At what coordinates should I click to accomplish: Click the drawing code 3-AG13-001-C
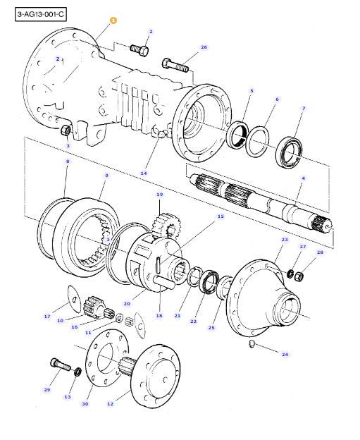pos(41,14)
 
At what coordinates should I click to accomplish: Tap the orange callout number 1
pos(113,20)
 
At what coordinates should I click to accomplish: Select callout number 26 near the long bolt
pos(204,47)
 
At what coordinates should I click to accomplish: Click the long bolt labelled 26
pos(175,65)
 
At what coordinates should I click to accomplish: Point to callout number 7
pos(304,109)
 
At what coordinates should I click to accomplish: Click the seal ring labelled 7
pos(289,152)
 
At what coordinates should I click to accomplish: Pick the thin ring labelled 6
pos(257,142)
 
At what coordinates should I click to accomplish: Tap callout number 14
pos(144,173)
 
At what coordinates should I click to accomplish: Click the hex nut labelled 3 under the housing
pos(66,130)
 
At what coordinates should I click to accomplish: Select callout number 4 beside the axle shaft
pos(304,178)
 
